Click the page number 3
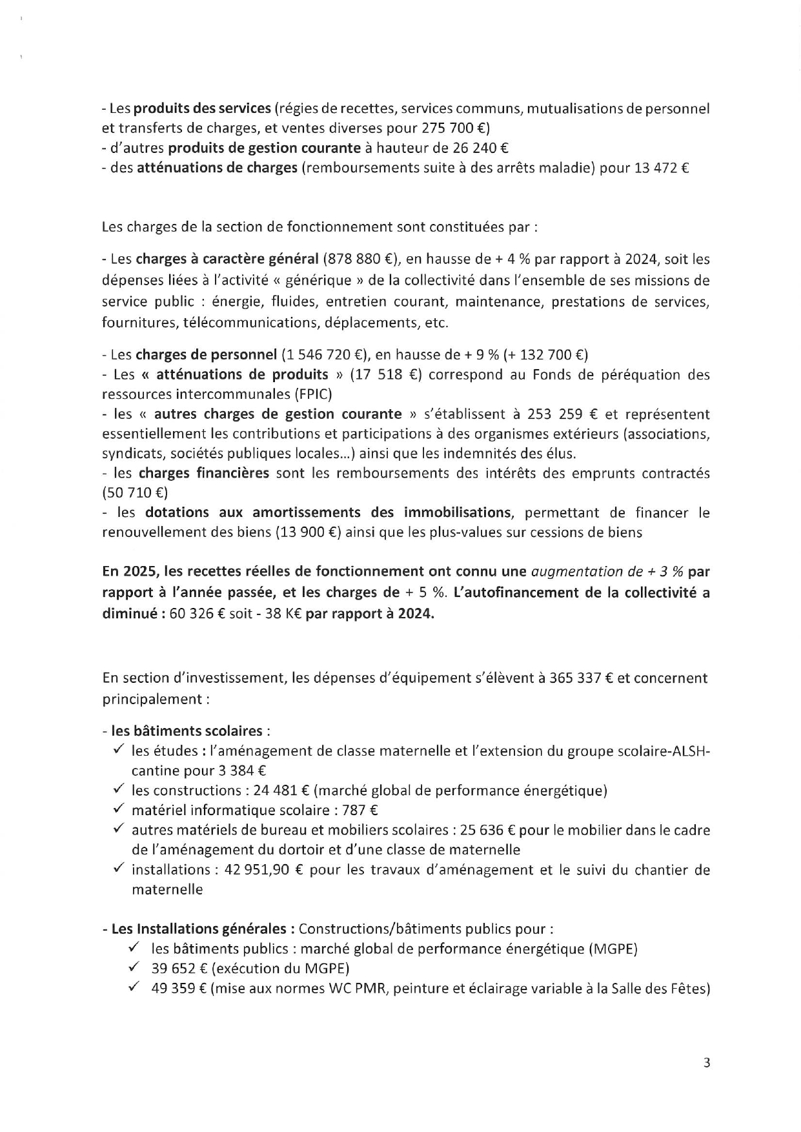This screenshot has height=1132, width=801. [x=707, y=1063]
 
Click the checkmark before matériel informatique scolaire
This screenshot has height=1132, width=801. [x=119, y=809]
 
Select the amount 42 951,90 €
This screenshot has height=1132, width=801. [x=263, y=869]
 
